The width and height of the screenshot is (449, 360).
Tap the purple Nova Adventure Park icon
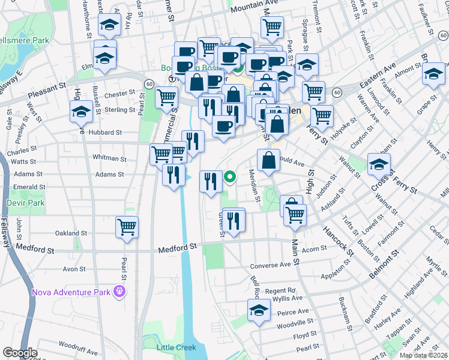(119, 292)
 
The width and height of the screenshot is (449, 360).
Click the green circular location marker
(230, 177)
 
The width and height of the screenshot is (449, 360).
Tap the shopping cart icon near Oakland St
(127, 227)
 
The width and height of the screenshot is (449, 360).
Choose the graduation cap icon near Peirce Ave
(259, 311)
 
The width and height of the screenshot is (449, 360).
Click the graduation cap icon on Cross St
(379, 164)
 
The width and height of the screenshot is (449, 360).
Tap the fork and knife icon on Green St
(233, 220)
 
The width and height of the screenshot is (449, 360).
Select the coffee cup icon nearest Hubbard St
(224, 127)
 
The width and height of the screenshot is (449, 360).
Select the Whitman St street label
(108, 157)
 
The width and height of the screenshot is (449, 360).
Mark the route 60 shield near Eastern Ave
(338, 92)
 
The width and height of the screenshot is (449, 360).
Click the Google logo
(20, 352)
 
